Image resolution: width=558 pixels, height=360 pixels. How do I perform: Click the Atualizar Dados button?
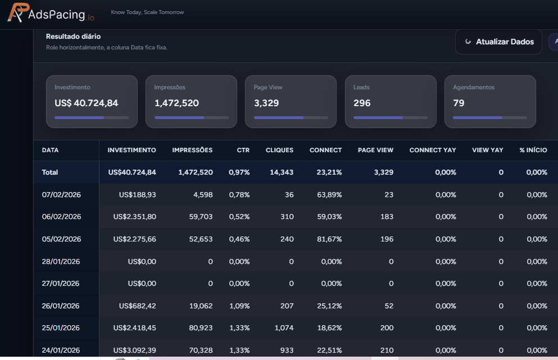click(498, 42)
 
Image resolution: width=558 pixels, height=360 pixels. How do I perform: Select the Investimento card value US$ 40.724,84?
click(87, 103)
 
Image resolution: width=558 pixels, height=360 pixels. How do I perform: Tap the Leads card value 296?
click(362, 103)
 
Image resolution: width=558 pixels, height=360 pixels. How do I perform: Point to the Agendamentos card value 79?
click(460, 103)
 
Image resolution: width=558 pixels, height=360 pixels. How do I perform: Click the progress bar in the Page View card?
click(291, 117)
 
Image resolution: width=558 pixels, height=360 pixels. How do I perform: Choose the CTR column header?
click(243, 150)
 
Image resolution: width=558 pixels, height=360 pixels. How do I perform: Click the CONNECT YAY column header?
click(433, 150)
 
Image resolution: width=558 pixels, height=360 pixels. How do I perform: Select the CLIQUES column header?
click(279, 150)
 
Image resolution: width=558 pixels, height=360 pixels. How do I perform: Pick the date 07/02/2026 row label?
click(61, 195)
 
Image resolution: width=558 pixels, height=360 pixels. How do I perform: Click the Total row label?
click(50, 172)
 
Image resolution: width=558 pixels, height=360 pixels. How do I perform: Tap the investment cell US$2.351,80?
click(134, 217)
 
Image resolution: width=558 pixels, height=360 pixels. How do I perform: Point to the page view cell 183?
click(387, 217)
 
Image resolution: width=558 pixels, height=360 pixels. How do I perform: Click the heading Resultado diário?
click(73, 37)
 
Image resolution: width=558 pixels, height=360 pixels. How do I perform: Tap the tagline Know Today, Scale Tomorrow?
click(147, 12)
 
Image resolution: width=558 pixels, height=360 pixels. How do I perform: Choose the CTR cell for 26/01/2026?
click(239, 306)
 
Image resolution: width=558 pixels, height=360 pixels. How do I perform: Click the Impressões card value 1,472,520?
click(176, 103)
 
